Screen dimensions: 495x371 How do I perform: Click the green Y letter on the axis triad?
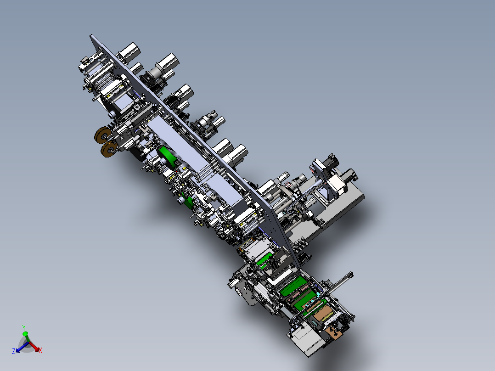tap(24, 328)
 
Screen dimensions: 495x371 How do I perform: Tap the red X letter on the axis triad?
tap(40, 350)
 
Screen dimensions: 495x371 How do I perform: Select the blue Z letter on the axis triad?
tap(14, 351)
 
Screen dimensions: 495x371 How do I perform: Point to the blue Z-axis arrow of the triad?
tap(21, 347)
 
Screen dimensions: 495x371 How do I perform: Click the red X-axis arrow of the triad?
tap(34, 346)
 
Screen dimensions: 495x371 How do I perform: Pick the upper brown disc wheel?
tap(102, 135)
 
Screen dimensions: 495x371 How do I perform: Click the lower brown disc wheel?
tap(109, 149)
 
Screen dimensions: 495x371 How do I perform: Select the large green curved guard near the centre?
tap(168, 157)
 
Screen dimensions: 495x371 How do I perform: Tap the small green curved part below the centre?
tap(188, 202)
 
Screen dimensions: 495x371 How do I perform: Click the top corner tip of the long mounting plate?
tap(91, 35)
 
